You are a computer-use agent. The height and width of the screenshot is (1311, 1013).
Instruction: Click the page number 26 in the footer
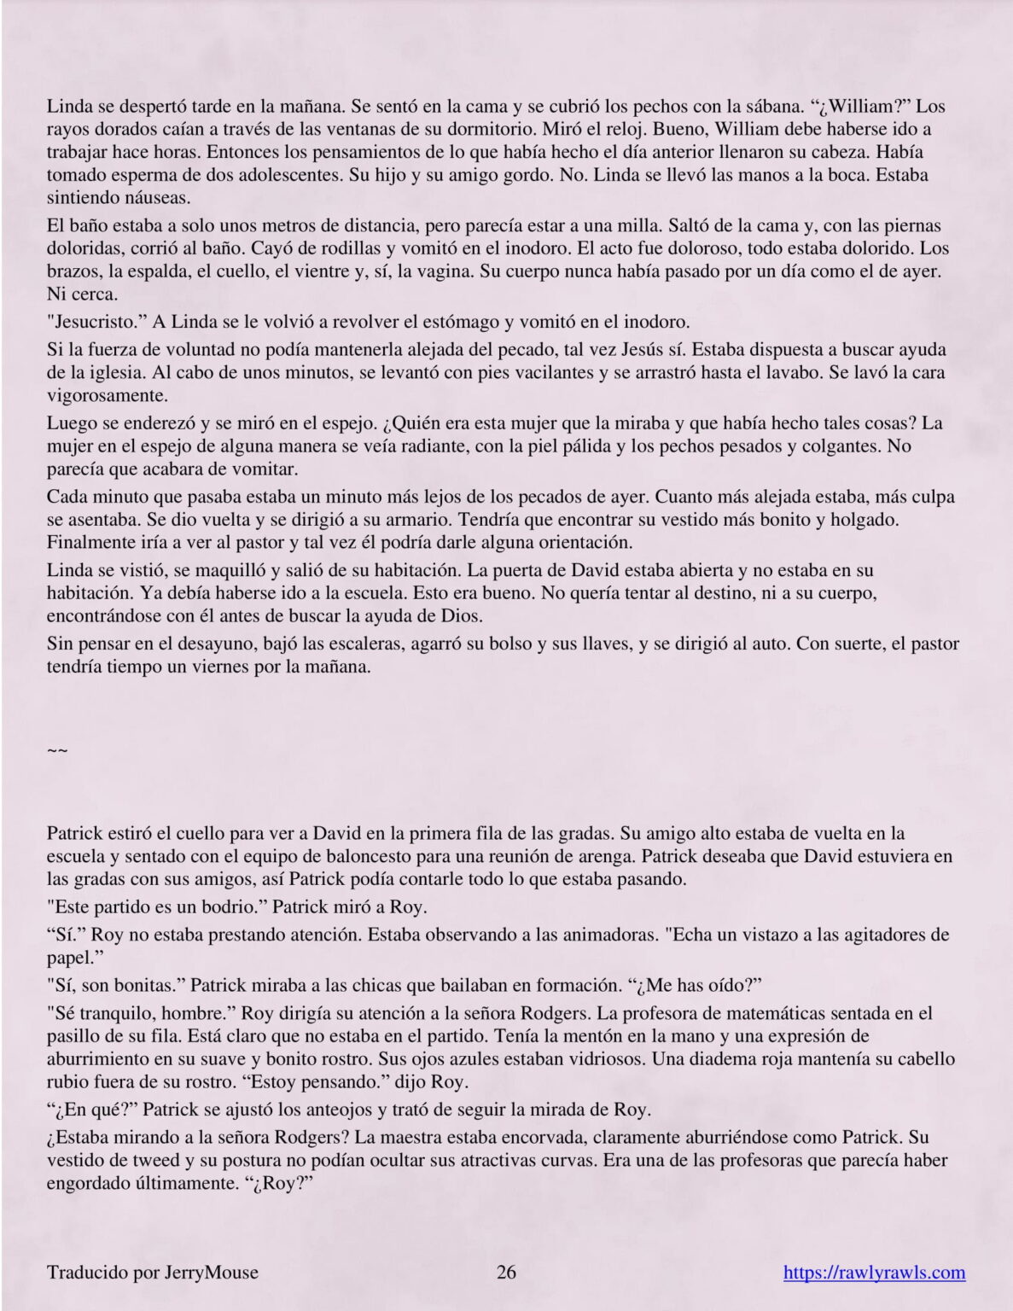click(x=506, y=1273)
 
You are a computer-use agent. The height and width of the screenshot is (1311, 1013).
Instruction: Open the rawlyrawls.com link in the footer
click(x=874, y=1273)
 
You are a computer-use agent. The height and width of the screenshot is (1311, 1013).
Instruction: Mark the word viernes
click(x=210, y=667)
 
